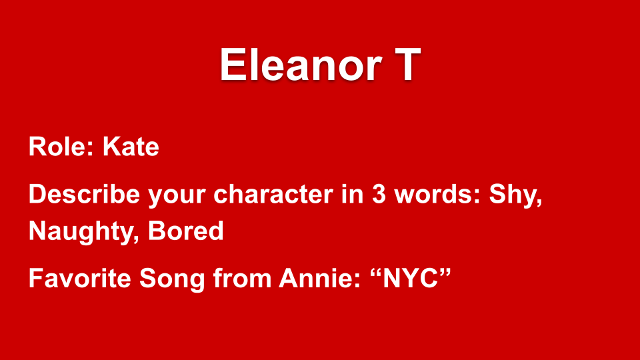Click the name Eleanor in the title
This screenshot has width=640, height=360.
[301, 65]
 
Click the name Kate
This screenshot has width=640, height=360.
[131, 147]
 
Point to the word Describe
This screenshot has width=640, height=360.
[84, 193]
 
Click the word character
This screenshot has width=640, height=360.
[273, 194]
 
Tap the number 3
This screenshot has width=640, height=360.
[379, 194]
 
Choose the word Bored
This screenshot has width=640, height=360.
[186, 231]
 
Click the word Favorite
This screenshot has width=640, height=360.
[80, 279]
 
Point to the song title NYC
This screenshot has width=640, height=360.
[410, 279]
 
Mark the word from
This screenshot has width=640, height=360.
[242, 279]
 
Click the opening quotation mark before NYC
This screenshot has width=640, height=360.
[375, 273]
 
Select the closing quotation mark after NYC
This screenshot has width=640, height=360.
[445, 273]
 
